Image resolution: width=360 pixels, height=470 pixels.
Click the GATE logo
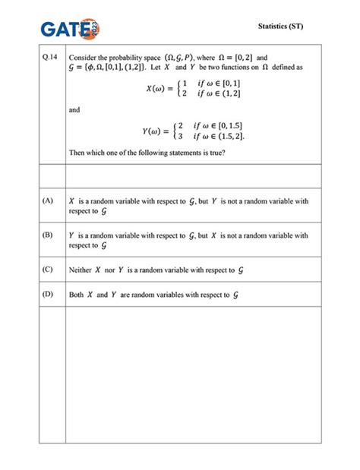[x=70, y=28]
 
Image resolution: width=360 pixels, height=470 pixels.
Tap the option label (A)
[x=48, y=200]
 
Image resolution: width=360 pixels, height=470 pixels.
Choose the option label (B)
[x=48, y=235]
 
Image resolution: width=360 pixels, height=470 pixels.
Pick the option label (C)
[x=48, y=269]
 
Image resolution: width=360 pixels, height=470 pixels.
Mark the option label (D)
[x=48, y=293]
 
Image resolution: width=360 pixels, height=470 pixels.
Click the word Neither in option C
[x=80, y=270]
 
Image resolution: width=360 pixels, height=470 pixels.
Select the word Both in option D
[x=76, y=294]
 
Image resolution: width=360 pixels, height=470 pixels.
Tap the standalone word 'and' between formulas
[x=74, y=110]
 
